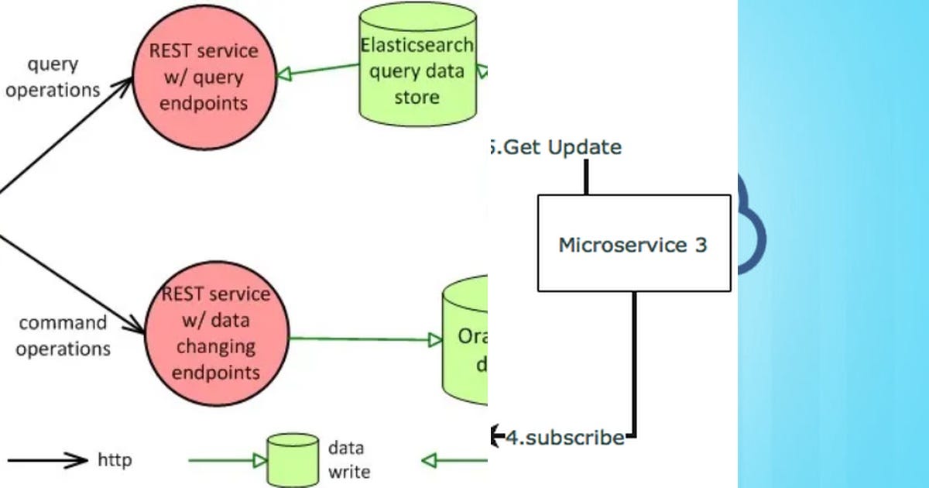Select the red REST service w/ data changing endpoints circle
coord(216,333)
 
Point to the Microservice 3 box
coord(633,244)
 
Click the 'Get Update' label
coord(557,146)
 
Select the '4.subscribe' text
coord(565,438)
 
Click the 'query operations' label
coord(53,77)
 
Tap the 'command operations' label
coord(63,335)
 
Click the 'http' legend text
coord(115,460)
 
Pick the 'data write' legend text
coord(349,459)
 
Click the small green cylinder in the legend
coord(293,459)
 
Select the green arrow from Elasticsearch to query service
coord(317,69)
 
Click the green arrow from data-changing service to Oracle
coord(364,339)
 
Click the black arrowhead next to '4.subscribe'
coord(495,437)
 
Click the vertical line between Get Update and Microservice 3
coord(586,177)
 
